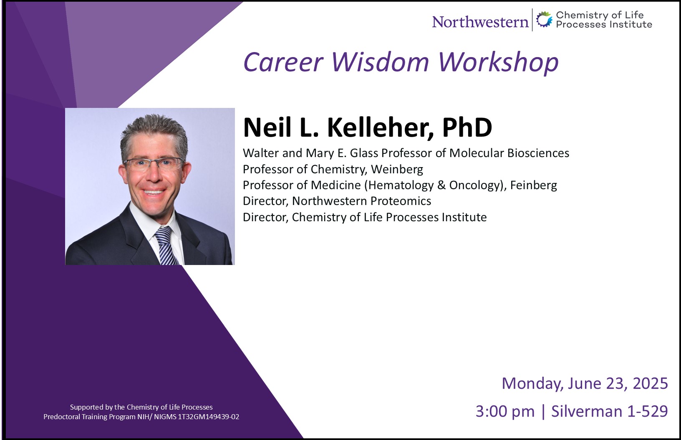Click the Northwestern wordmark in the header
[x=480, y=22]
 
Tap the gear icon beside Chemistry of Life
[x=544, y=20]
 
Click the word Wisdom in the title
[x=380, y=62]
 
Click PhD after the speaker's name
[x=467, y=127]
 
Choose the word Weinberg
[x=397, y=170]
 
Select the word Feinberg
[x=534, y=185]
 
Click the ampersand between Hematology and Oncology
[x=441, y=185]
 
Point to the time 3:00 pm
[x=505, y=412]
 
